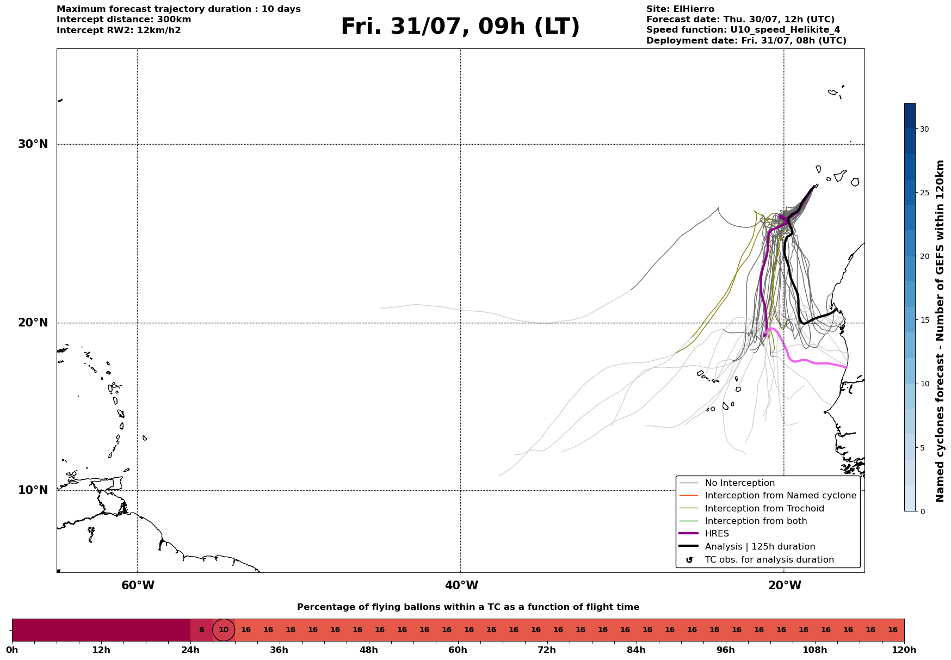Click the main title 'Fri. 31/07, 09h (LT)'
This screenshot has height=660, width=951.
point(460,27)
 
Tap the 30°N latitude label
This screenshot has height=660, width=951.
point(33,144)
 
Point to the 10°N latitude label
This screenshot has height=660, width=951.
point(33,490)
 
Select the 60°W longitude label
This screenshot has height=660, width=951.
point(138,585)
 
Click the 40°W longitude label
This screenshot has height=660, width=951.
point(461,585)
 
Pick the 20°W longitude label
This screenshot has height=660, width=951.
point(785,585)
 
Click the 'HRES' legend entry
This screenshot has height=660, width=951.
point(717,534)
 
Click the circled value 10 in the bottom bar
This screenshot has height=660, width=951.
point(224,630)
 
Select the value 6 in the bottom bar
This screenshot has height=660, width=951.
point(201,630)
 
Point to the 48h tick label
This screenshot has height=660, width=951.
point(368,650)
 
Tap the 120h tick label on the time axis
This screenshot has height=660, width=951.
point(904,650)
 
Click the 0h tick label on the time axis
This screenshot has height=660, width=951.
point(12,650)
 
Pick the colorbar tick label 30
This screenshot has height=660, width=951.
point(924,129)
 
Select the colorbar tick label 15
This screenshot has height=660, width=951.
point(924,320)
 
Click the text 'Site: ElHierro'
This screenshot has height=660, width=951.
point(680,9)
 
